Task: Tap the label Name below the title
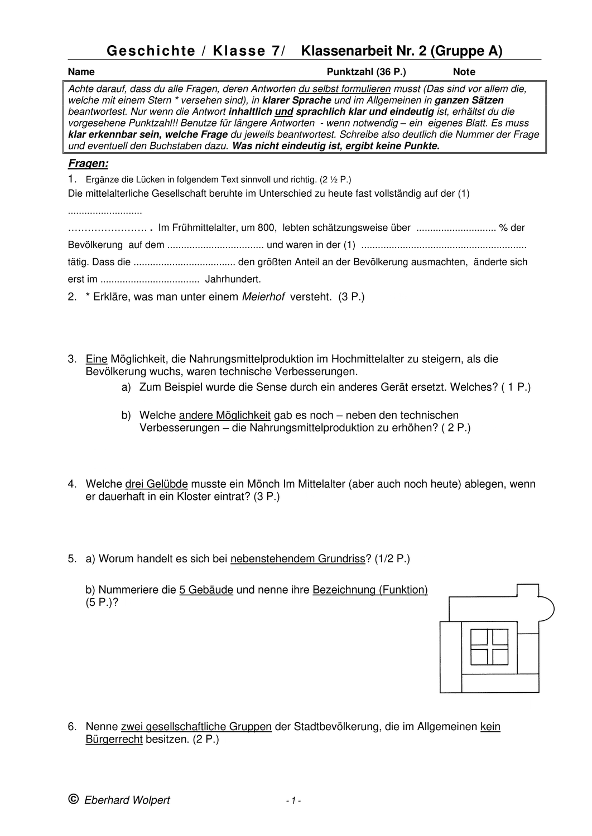[81, 72]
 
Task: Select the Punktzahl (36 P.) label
[366, 72]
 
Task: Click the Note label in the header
[464, 72]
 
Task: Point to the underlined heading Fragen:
[88, 164]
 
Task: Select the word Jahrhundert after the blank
[233, 279]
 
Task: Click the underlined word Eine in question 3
[97, 359]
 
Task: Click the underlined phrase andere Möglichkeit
[225, 415]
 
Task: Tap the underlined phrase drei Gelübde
[156, 484]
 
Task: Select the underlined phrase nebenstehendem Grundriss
[297, 559]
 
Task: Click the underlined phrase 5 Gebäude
[206, 590]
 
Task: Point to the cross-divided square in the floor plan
[489, 647]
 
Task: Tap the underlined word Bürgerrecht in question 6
[114, 740]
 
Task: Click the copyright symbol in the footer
[73, 800]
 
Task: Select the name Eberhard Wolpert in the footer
[127, 801]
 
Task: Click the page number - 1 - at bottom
[293, 801]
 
